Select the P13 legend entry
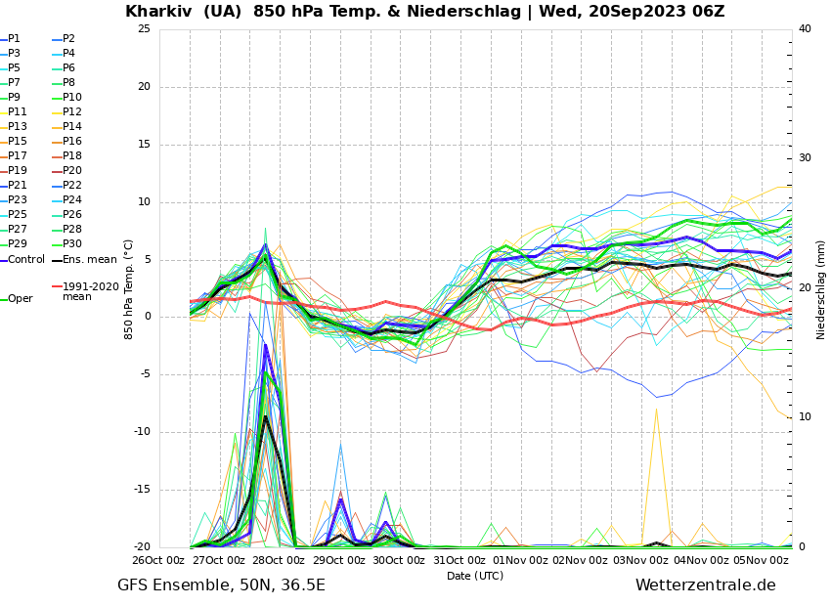(x=18, y=127)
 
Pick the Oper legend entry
(x=20, y=299)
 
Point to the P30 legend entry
(x=72, y=244)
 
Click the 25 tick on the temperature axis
(x=144, y=29)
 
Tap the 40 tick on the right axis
(x=805, y=29)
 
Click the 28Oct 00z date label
(x=279, y=561)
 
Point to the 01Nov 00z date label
(x=520, y=561)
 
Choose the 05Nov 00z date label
(x=761, y=561)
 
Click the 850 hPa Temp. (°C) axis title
(x=129, y=289)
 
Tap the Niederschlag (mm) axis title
(x=821, y=289)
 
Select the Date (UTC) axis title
(x=475, y=577)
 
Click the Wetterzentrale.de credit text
(x=705, y=585)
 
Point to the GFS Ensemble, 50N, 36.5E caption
(x=221, y=585)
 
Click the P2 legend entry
(x=68, y=39)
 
